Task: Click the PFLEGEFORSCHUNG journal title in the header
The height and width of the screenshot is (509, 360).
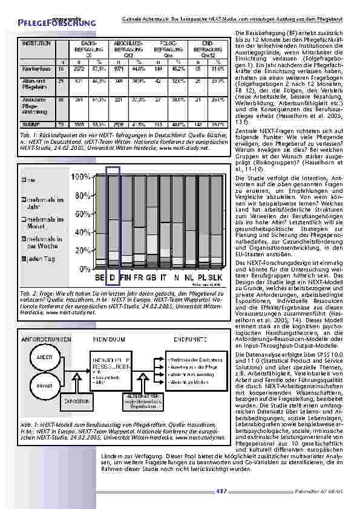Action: point(57,22)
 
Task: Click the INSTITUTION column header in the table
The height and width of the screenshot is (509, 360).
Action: point(37,44)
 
